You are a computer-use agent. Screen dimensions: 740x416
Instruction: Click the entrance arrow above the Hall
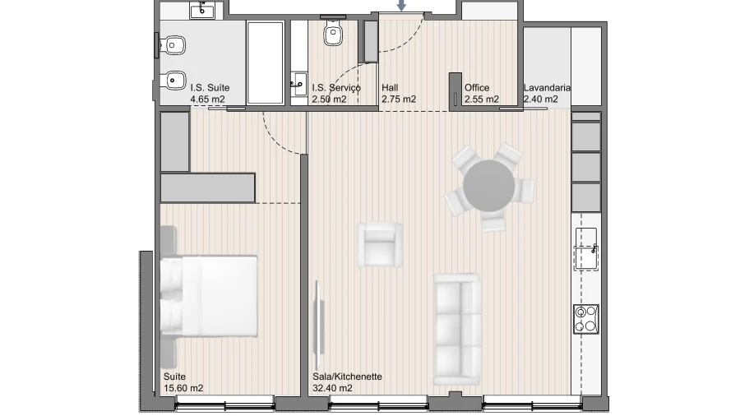(x=401, y=5)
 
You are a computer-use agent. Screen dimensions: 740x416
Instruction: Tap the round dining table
(x=489, y=186)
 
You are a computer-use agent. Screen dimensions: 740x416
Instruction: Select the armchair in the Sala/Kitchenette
(x=379, y=245)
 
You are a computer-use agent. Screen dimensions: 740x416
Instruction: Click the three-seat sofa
(x=457, y=329)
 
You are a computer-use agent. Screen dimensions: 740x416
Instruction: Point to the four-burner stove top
(x=586, y=319)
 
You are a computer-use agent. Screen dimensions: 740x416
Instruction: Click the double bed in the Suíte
(x=209, y=296)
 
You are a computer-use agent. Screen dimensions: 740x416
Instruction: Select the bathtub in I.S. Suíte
(x=266, y=62)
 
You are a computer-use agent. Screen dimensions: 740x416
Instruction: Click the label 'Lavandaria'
(x=547, y=88)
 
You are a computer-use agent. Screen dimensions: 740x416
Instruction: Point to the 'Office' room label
(x=477, y=88)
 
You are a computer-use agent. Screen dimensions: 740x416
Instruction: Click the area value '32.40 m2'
(x=332, y=388)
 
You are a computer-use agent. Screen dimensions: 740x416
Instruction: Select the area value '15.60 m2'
(x=183, y=388)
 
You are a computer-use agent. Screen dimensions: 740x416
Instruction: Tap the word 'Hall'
(x=390, y=88)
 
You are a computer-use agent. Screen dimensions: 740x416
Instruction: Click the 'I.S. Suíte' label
(x=210, y=88)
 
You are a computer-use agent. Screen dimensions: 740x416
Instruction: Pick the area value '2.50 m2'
(x=329, y=99)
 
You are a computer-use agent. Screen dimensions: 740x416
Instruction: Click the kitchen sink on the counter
(x=586, y=249)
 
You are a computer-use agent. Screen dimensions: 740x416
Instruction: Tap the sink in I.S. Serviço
(x=298, y=84)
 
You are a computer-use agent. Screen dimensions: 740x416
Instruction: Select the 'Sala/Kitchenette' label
(x=347, y=377)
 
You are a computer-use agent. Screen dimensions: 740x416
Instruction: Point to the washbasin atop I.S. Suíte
(x=202, y=10)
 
